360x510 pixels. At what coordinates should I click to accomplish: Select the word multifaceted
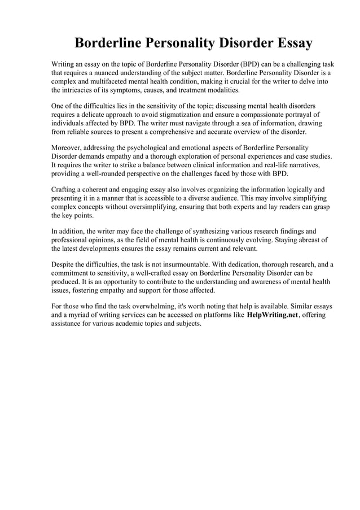click(107, 81)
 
